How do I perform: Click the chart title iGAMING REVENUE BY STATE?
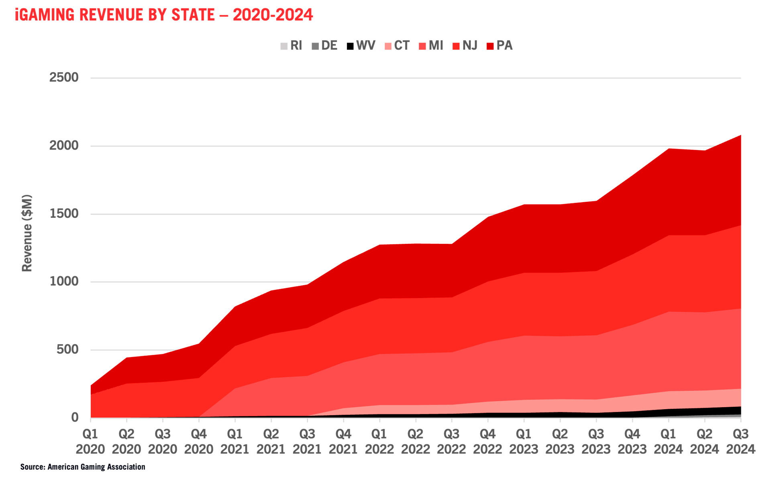(163, 15)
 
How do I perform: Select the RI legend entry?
(292, 46)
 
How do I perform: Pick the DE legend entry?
(324, 46)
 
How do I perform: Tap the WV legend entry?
(361, 46)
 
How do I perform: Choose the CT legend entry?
(397, 46)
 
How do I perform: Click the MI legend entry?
(431, 46)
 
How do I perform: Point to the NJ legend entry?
(465, 46)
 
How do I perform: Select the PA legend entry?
(500, 46)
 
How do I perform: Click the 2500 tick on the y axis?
(64, 77)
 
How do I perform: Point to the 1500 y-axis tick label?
(64, 213)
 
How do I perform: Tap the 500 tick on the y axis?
(67, 349)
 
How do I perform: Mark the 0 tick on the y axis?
(75, 418)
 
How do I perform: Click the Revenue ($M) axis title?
(27, 233)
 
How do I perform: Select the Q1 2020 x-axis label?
(90, 441)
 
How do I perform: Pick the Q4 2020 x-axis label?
(199, 441)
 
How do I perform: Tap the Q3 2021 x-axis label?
(307, 441)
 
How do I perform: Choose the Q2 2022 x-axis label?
(416, 441)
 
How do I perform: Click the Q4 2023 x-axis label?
(632, 441)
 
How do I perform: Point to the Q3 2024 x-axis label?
(740, 441)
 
